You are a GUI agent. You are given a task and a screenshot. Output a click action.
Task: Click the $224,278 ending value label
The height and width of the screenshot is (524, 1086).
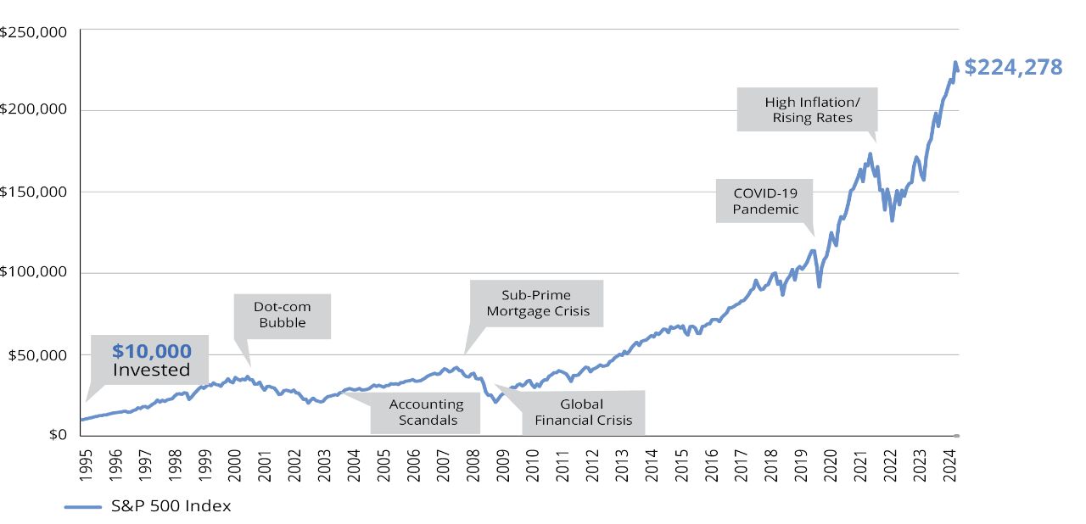pyautogui.click(x=1013, y=68)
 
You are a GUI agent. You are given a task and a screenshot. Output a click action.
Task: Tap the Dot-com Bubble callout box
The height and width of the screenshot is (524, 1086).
pyautogui.click(x=283, y=315)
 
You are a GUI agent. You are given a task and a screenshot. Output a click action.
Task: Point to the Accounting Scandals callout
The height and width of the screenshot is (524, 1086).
pyautogui.click(x=426, y=412)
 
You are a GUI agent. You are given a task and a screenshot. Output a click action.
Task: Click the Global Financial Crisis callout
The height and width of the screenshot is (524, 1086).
pyautogui.click(x=583, y=412)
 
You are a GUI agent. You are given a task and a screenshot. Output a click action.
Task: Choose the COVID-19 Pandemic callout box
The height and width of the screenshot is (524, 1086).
pyautogui.click(x=765, y=201)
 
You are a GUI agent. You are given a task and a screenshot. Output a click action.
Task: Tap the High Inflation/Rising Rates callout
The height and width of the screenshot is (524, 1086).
pyautogui.click(x=806, y=109)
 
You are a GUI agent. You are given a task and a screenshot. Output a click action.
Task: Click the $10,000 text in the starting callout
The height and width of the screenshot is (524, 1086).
pyautogui.click(x=152, y=351)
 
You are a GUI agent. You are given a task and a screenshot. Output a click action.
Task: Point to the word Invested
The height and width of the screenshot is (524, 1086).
pyautogui.click(x=152, y=371)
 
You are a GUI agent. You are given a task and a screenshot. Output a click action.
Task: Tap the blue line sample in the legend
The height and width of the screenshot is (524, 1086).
pyautogui.click(x=83, y=507)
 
